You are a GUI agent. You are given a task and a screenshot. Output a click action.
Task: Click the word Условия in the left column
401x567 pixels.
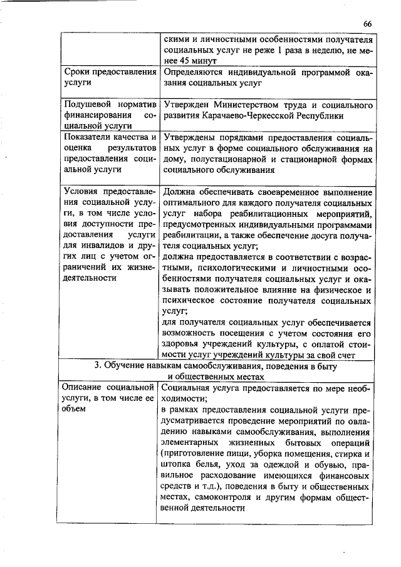tap(81, 192)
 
